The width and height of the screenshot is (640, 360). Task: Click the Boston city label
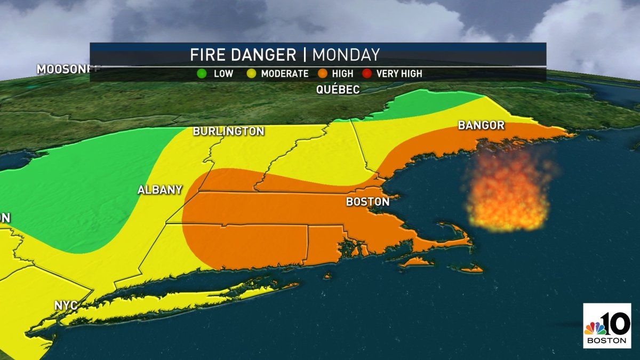pyautogui.click(x=367, y=202)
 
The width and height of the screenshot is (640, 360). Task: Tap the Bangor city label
pyautogui.click(x=481, y=125)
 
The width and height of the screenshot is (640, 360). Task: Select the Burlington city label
pyautogui.click(x=228, y=131)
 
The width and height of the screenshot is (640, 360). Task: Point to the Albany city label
pyautogui.click(x=160, y=190)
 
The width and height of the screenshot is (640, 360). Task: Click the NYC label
pyautogui.click(x=66, y=306)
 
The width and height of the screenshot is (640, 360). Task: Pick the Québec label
pyautogui.click(x=338, y=90)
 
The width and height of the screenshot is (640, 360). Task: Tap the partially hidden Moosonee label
pyautogui.click(x=62, y=69)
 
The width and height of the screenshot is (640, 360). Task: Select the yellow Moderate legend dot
pyautogui.click(x=249, y=74)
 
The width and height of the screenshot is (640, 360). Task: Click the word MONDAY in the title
pyautogui.click(x=346, y=55)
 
